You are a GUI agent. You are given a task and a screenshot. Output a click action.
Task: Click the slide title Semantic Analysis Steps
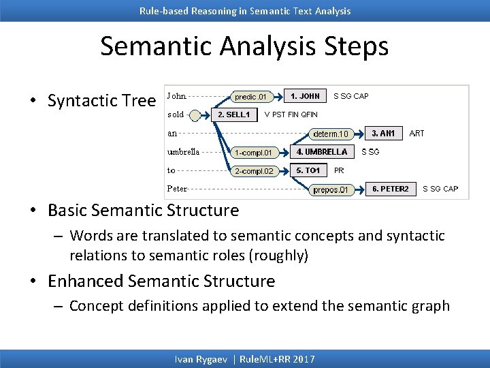244,46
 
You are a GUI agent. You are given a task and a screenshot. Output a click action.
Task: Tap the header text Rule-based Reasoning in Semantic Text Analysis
245,10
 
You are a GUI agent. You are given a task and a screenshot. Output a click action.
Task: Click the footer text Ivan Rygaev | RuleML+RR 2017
245,359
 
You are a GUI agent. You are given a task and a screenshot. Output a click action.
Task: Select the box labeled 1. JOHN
305,96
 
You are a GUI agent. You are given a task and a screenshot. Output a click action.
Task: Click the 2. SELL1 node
233,114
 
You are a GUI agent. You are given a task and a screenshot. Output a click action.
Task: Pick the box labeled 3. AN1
383,133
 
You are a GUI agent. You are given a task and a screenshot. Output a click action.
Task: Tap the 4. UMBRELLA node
322,151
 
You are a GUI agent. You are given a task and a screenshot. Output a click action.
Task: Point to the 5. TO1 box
308,170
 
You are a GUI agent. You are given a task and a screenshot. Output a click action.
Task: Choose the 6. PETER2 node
390,189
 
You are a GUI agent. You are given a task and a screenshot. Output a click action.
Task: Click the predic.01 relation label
251,97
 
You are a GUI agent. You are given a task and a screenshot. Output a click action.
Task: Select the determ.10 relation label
331,134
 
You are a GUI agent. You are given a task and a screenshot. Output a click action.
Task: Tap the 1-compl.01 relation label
252,152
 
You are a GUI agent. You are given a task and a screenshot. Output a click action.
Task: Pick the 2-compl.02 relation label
252,171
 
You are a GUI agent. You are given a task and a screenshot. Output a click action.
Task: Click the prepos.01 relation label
331,189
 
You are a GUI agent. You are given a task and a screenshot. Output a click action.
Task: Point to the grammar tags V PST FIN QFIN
291,114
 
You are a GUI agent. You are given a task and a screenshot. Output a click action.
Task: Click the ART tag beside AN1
416,134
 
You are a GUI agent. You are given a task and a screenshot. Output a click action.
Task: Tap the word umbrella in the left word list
183,151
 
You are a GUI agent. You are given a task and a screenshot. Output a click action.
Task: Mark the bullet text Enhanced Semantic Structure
161,281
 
